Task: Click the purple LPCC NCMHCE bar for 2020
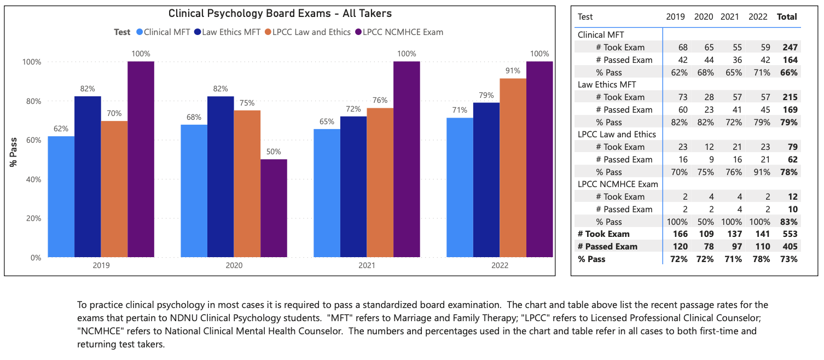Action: pos(274,208)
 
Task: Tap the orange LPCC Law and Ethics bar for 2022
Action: pos(513,167)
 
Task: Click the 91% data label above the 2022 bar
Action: pos(513,71)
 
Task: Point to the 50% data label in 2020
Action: pos(274,152)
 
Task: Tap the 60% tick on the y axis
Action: pos(34,140)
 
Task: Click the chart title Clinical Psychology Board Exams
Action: pos(280,14)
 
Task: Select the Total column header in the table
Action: pos(787,17)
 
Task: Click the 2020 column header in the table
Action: pos(704,17)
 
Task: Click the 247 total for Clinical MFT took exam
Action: pos(790,47)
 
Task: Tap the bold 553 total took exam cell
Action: pos(790,234)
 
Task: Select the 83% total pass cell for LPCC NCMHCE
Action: pos(790,222)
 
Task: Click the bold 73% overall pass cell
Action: pos(790,259)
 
